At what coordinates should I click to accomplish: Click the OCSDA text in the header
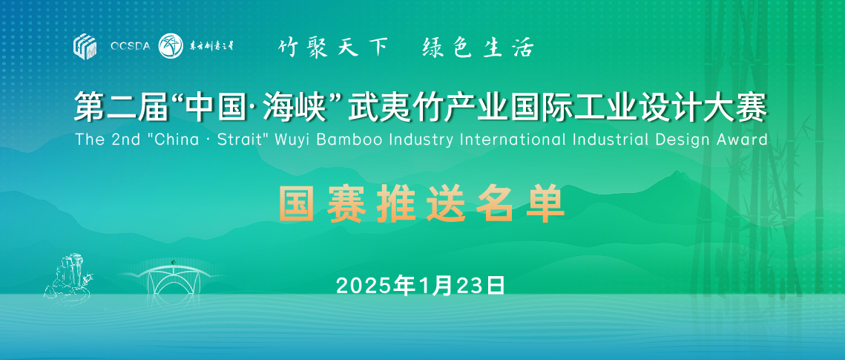(x=130, y=47)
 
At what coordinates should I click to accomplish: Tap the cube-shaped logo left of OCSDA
(x=85, y=46)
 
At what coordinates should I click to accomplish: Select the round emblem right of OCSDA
(x=171, y=46)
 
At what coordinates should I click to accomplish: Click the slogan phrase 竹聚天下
(x=333, y=48)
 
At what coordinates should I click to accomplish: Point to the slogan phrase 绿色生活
(x=478, y=48)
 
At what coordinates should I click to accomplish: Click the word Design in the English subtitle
(x=678, y=140)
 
